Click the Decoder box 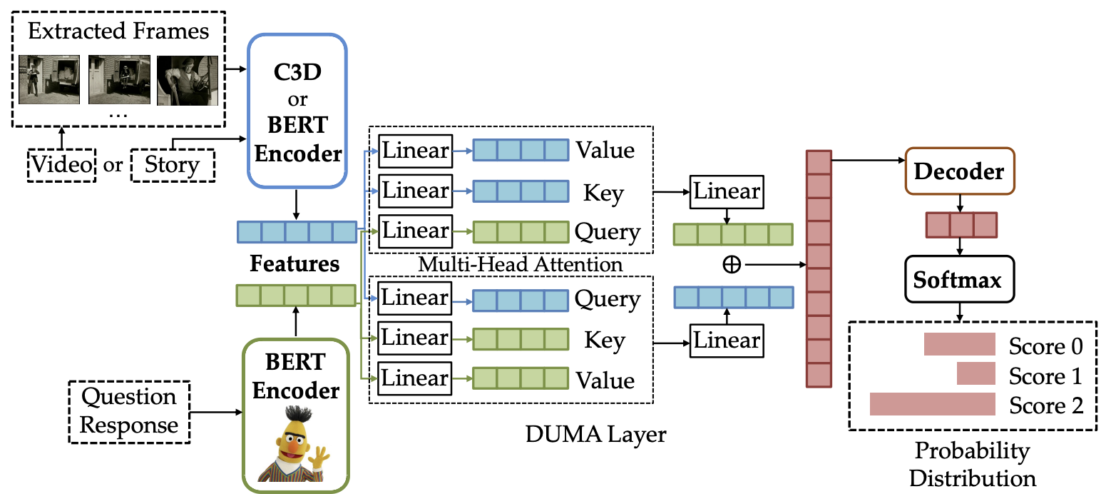959,171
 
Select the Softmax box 959,279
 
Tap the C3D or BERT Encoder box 297,111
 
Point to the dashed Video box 61,166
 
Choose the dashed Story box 173,166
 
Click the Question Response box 129,412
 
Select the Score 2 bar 933,404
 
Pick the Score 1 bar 976,373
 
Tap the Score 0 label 1045,346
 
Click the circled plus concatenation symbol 732,265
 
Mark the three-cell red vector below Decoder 961,225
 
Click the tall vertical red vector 819,268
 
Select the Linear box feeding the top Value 416,151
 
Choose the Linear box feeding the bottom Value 415,378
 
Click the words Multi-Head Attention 520,264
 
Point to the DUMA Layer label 595,435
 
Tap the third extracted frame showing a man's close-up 188,80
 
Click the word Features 295,263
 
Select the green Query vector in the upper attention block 521,232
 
